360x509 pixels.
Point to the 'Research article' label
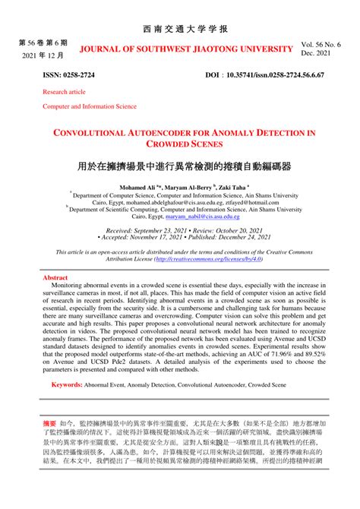click(x=65, y=92)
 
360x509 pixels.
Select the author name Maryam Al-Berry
click(x=185, y=186)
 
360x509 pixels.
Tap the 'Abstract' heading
click(x=55, y=279)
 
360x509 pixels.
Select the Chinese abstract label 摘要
click(x=49, y=419)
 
